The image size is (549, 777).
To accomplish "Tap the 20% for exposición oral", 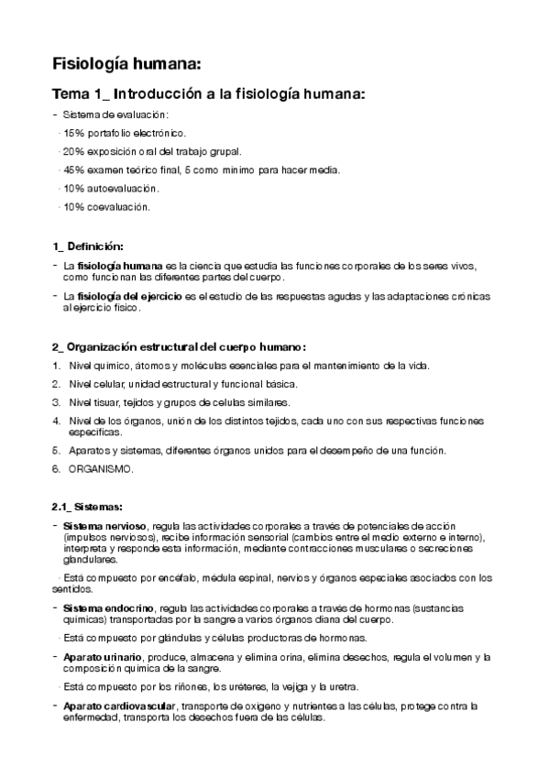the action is tap(73, 151).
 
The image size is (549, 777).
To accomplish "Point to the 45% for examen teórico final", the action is tap(73, 170).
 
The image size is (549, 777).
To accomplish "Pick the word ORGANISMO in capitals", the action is tap(101, 469).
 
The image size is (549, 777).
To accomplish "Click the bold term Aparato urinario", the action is tap(103, 657).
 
